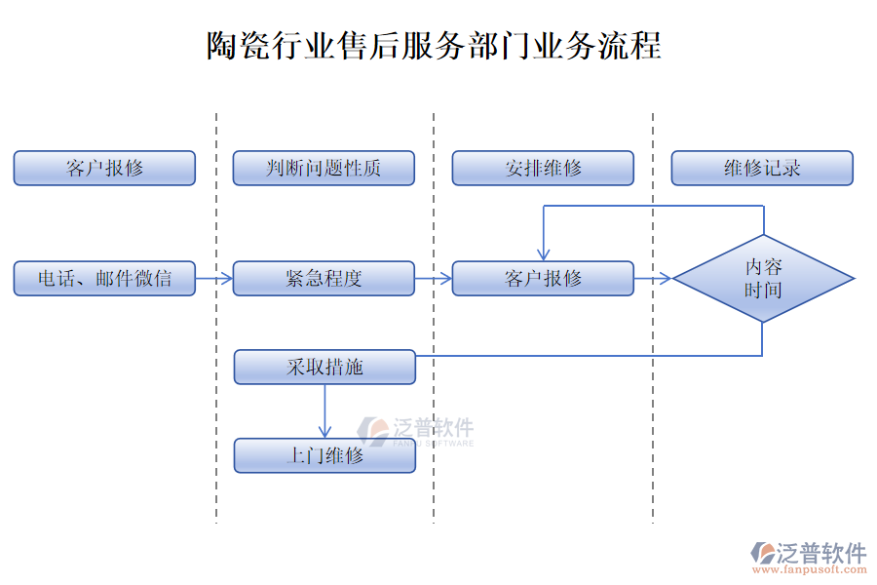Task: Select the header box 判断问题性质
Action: click(x=324, y=168)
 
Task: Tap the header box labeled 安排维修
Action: click(x=543, y=168)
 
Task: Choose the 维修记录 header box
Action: click(x=762, y=168)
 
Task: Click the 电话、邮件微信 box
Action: click(x=104, y=278)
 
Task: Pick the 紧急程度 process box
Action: click(x=324, y=278)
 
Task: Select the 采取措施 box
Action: click(x=324, y=367)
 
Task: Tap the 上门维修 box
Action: click(x=324, y=455)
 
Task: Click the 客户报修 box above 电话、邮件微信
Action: click(x=104, y=168)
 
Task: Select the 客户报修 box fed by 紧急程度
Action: click(x=543, y=278)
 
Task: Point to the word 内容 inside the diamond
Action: click(x=763, y=266)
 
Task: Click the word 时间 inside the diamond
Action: click(x=763, y=290)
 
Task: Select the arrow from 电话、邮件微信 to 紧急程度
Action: click(x=214, y=279)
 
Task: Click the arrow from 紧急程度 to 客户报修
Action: click(x=434, y=279)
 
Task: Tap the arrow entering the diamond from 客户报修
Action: click(x=653, y=279)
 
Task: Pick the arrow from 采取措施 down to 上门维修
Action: click(x=325, y=410)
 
